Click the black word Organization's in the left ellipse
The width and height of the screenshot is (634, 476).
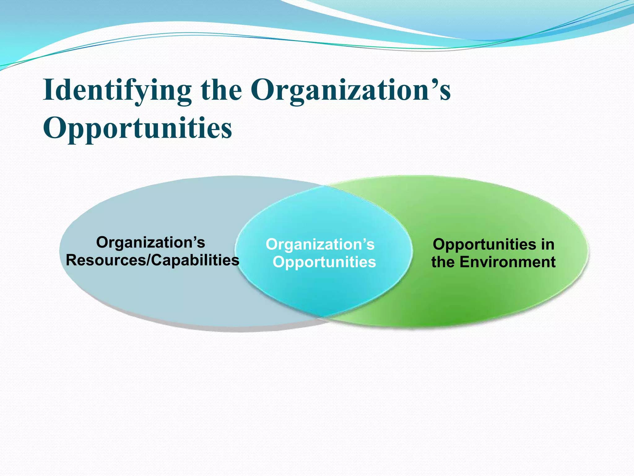(151, 242)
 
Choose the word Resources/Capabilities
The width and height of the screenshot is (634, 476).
(152, 260)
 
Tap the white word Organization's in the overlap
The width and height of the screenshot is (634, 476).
(320, 245)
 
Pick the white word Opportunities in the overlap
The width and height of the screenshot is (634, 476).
(324, 262)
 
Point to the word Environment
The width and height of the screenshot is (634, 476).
(507, 262)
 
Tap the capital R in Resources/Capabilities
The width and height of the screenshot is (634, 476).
(72, 260)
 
